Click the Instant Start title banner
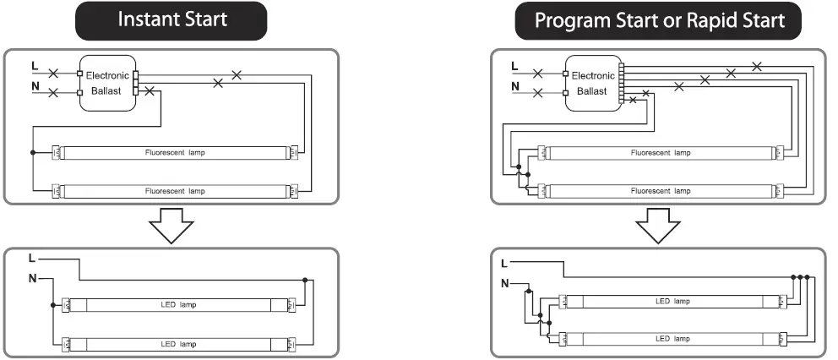pos(172,19)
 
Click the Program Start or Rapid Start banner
pos(660,21)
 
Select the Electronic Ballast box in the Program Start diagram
pos(593,83)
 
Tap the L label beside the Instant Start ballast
pos(34,64)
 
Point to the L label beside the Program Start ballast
pos(515,65)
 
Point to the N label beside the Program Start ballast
pos(515,85)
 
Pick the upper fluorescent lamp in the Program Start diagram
pos(660,152)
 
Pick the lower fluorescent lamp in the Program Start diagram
pos(660,190)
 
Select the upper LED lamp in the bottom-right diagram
pos(672,301)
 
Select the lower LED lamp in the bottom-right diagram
pos(672,338)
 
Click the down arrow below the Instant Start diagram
pos(171,226)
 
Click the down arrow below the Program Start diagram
pos(658,226)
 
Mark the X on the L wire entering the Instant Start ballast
pos(54,74)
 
